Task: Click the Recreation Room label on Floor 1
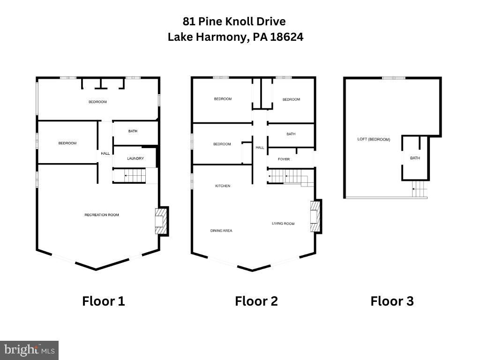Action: click(102, 215)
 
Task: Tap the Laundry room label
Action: click(135, 158)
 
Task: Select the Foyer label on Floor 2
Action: click(284, 159)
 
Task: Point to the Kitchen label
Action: click(223, 186)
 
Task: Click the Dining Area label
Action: click(221, 231)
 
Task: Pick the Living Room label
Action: click(283, 224)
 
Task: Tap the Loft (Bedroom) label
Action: click(374, 139)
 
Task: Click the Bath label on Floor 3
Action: click(415, 158)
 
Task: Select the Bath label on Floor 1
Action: click(133, 131)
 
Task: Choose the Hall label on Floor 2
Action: click(260, 148)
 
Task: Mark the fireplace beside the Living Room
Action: click(315, 216)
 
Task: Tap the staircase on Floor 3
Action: click(420, 190)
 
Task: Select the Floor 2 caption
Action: click(256, 301)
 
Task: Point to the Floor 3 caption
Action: click(392, 301)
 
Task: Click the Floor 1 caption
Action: click(104, 301)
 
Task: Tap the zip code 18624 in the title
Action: click(285, 37)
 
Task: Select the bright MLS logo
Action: click(29, 350)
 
